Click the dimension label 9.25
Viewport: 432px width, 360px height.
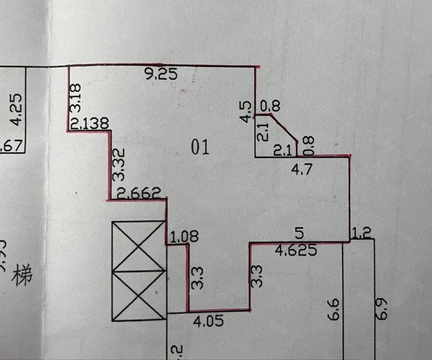(161, 73)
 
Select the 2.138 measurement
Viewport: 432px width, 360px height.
(90, 124)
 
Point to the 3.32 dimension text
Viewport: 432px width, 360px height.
(118, 165)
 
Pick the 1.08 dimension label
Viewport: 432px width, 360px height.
(184, 237)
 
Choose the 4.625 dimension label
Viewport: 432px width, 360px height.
(296, 250)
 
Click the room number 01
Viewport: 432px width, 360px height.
(201, 147)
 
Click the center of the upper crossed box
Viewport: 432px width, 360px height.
(139, 246)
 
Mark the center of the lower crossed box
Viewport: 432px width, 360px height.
(139, 296)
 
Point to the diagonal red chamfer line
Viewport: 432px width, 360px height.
(285, 128)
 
